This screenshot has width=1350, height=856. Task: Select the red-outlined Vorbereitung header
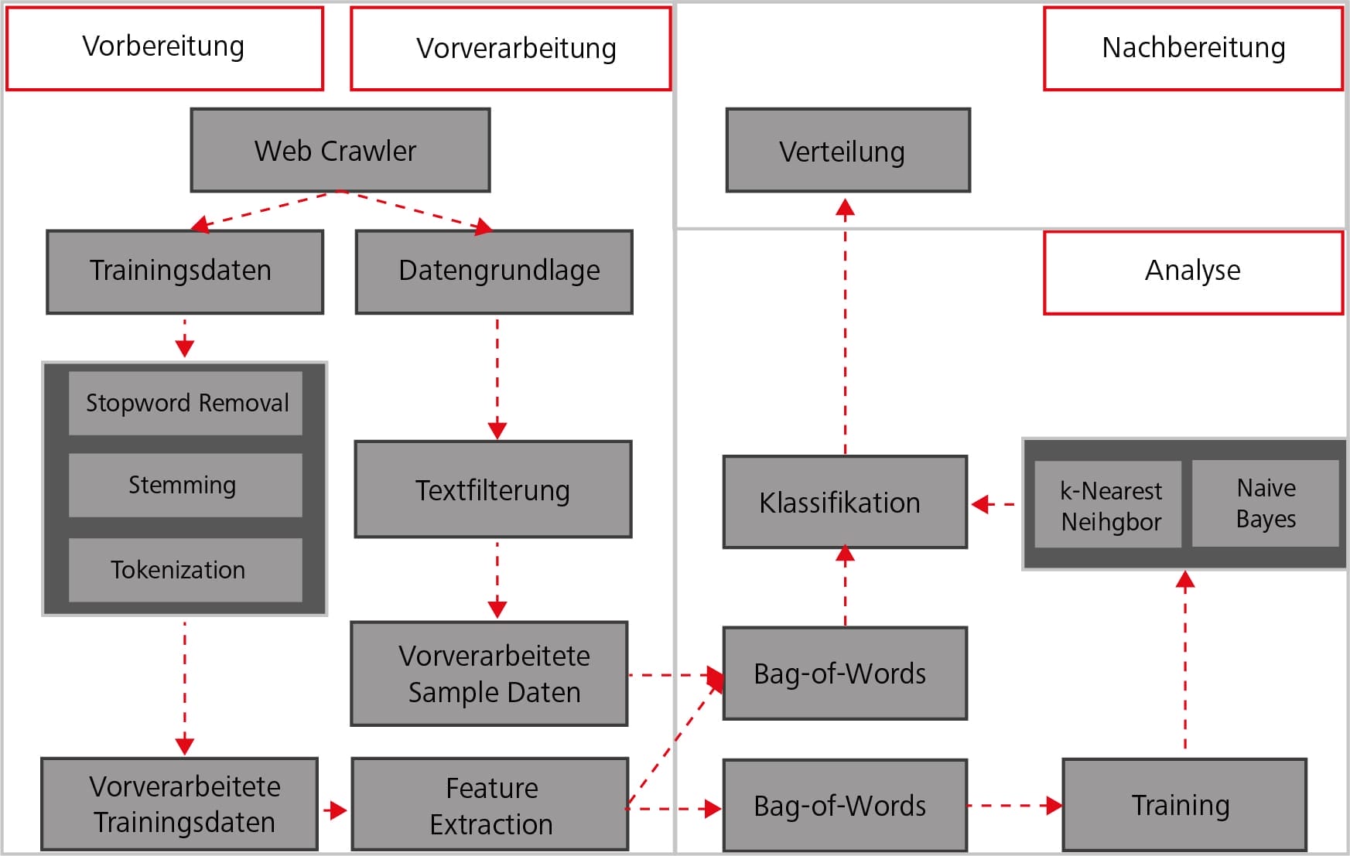(x=164, y=48)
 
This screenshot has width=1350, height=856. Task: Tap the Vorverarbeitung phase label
(x=511, y=49)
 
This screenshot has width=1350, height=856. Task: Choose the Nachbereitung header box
(x=1192, y=49)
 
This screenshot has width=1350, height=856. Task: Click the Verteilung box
(x=847, y=151)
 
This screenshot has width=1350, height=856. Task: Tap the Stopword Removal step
(x=186, y=404)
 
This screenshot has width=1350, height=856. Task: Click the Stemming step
(x=185, y=485)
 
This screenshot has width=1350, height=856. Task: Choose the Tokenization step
(x=185, y=570)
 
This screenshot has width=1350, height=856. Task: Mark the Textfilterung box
(x=493, y=489)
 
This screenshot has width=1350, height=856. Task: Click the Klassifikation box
(x=845, y=503)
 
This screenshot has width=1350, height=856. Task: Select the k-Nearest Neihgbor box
(x=1107, y=505)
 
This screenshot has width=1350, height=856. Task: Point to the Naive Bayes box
(x=1265, y=503)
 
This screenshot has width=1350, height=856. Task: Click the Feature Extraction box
(x=490, y=805)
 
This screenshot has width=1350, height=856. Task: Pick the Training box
(x=1184, y=805)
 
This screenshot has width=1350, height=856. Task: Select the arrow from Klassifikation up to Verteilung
(x=845, y=325)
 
